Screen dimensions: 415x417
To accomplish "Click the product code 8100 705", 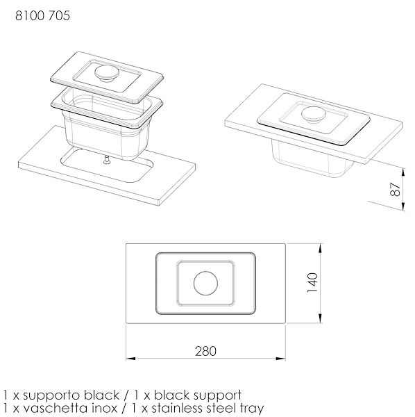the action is [x=42, y=15].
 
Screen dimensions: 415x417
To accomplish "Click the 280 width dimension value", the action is [x=206, y=351].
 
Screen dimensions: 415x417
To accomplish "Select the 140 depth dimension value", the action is [x=312, y=283].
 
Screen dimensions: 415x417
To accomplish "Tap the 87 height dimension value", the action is [x=396, y=189].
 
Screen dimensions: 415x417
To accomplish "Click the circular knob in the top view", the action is [x=206, y=284].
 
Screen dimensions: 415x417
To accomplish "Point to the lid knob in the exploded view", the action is [x=107, y=73].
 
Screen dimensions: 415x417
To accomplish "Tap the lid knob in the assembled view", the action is [x=314, y=115].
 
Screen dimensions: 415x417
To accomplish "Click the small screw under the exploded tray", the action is [x=107, y=160].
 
